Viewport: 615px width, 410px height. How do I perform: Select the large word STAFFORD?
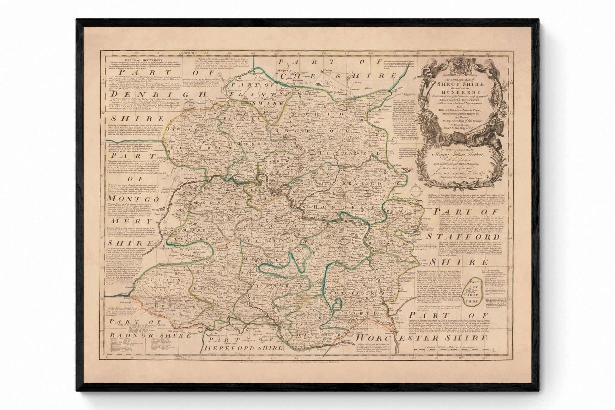(x=460, y=237)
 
